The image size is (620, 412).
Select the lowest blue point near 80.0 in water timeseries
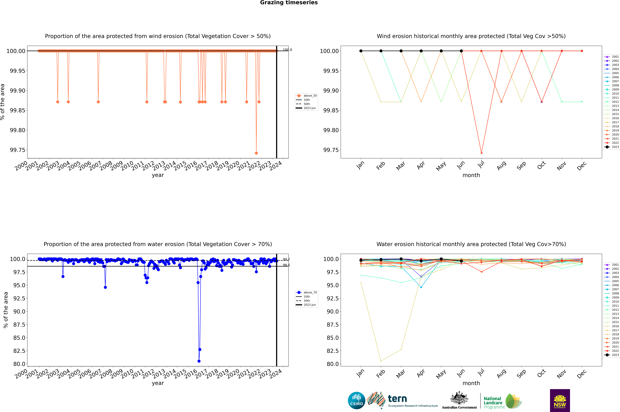tap(199, 361)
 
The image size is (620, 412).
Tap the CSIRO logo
tap(356, 400)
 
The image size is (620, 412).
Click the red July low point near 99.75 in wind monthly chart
tap(481, 153)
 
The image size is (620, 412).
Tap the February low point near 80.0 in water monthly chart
tap(381, 361)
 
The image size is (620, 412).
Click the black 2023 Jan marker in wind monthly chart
tap(361, 51)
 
